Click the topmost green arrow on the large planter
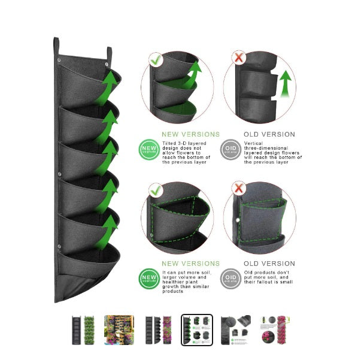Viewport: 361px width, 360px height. (x=110, y=83)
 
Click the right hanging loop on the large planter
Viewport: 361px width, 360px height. (x=110, y=54)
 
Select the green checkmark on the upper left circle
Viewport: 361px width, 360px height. (x=156, y=60)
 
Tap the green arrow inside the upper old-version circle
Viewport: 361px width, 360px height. (x=285, y=83)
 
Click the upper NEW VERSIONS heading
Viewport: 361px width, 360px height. (x=191, y=135)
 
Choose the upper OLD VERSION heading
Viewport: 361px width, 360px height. (x=269, y=135)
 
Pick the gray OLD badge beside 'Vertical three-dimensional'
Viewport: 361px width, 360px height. (x=229, y=148)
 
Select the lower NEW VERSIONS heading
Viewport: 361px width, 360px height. (x=191, y=264)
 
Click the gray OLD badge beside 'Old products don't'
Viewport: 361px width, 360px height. (x=229, y=278)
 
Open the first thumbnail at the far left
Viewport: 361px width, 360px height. (x=80, y=330)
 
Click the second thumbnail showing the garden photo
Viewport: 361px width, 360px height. (x=119, y=330)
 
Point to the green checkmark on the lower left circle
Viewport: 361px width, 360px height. (x=156, y=189)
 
